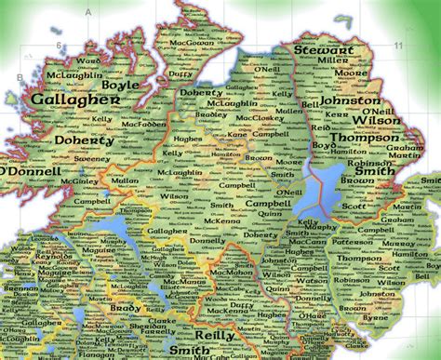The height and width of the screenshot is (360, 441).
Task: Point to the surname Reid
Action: pos(322,127)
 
